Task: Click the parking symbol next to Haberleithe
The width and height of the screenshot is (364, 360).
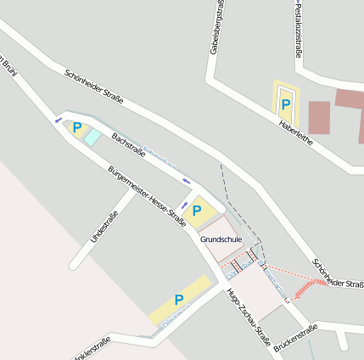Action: (x=286, y=104)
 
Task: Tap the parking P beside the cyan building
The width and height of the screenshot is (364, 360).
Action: (x=77, y=128)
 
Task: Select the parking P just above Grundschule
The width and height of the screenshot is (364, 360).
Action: (x=198, y=210)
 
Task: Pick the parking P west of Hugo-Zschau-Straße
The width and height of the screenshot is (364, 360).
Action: (x=179, y=300)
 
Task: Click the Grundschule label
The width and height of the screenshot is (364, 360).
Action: (x=222, y=240)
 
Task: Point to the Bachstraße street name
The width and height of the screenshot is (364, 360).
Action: (x=129, y=146)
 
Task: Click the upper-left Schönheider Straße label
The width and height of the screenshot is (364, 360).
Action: (x=93, y=87)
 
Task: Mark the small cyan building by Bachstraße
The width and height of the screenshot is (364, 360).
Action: (x=92, y=137)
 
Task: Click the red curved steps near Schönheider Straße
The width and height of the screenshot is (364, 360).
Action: (x=311, y=287)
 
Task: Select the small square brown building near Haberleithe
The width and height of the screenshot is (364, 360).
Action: (x=318, y=117)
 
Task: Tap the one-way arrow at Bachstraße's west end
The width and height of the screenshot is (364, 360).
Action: (x=58, y=120)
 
